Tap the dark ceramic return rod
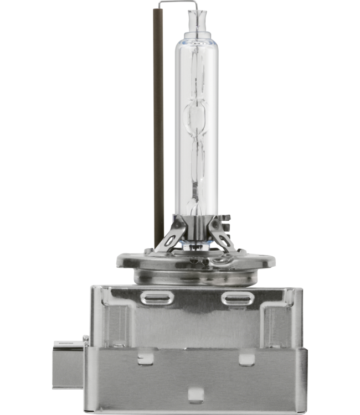158,138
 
